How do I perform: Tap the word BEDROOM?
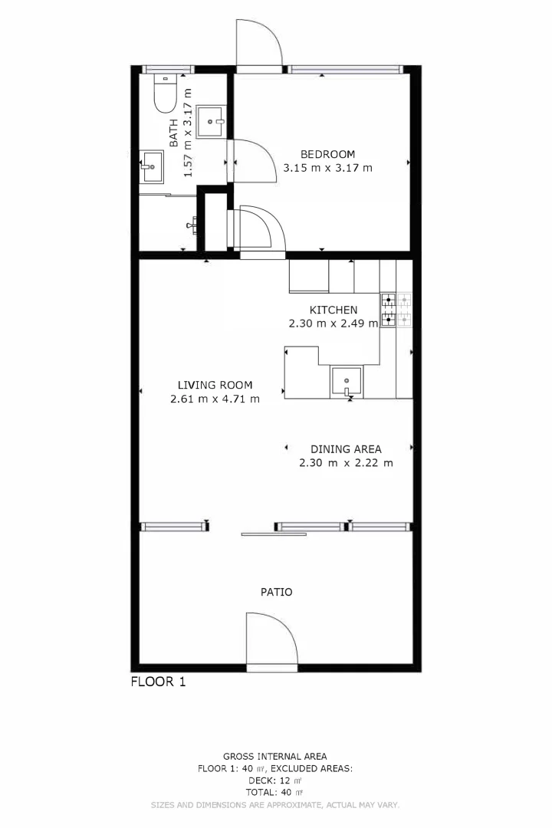click(x=327, y=154)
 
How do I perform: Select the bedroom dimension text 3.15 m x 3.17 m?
click(x=327, y=168)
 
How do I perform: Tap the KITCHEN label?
click(x=333, y=310)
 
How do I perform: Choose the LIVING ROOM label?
click(x=215, y=385)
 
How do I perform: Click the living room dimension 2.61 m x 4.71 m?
click(x=215, y=399)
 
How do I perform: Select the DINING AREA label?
click(x=346, y=449)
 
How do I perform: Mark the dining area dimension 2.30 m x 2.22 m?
click(x=346, y=463)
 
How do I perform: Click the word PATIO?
click(x=277, y=592)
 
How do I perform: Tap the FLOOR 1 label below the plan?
click(x=158, y=681)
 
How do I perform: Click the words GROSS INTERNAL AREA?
click(x=274, y=756)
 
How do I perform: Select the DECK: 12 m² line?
click(x=274, y=780)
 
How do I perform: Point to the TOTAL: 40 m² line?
click(x=274, y=793)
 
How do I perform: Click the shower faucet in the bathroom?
click(x=194, y=225)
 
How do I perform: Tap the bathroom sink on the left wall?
click(x=151, y=166)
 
